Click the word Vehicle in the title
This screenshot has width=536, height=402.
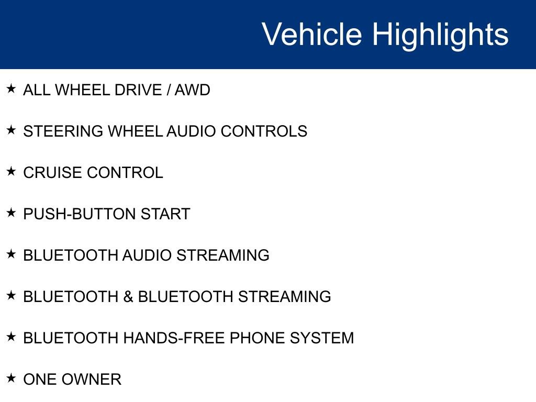click(311, 35)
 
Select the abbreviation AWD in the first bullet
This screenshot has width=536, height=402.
click(192, 90)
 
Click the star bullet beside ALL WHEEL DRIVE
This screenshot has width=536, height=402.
click(11, 89)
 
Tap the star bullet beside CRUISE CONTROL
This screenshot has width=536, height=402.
click(11, 172)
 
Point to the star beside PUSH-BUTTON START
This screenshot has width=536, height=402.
click(11, 213)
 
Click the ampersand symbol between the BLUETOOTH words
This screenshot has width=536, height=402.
click(128, 297)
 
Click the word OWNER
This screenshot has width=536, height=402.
click(91, 379)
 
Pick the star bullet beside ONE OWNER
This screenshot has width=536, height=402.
click(11, 378)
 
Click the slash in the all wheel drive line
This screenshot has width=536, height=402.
click(168, 90)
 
